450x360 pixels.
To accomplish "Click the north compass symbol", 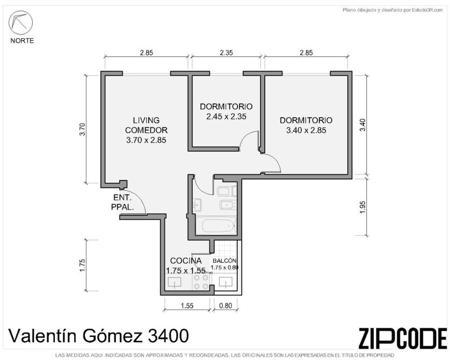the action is click(x=20, y=23).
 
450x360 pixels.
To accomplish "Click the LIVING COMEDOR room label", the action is click(x=146, y=125).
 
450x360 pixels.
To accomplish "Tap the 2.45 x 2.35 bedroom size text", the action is click(x=226, y=117).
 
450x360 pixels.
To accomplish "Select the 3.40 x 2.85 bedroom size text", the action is click(x=306, y=131).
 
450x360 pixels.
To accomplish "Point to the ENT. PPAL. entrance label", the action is click(x=122, y=202).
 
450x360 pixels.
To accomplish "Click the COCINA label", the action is click(x=186, y=261).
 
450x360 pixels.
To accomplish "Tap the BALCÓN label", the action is click(x=224, y=261).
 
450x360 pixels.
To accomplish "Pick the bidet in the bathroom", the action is click(x=228, y=205).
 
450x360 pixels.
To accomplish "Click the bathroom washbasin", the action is click(x=198, y=205).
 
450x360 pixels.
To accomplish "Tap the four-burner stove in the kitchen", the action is click(x=201, y=282).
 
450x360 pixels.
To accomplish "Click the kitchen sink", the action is click(x=174, y=283).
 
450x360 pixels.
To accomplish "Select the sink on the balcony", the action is click(x=226, y=282).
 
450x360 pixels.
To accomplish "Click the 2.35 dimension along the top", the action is click(x=226, y=53).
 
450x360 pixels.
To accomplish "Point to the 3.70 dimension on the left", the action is click(x=82, y=129).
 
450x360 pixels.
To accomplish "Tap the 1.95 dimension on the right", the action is click(x=363, y=207).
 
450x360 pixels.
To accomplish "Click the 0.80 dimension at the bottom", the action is click(x=226, y=306).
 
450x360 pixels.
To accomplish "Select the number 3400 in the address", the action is click(x=168, y=336).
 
